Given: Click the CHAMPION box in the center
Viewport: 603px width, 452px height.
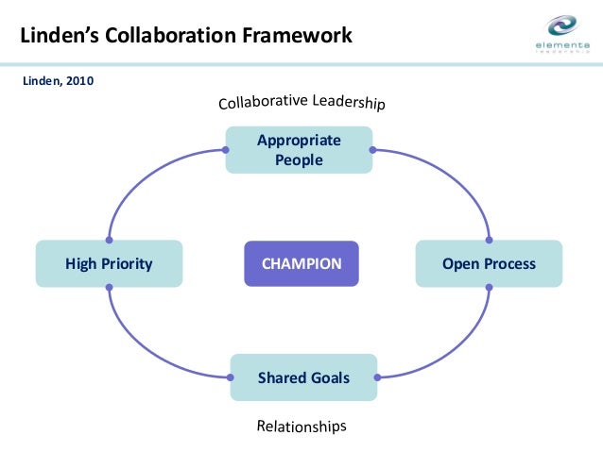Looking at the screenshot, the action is [x=301, y=263].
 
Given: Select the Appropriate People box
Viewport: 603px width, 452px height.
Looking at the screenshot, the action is [x=299, y=150].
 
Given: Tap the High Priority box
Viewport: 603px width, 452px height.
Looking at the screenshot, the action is [x=109, y=263].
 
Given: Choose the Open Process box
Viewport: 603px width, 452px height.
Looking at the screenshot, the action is [x=489, y=263].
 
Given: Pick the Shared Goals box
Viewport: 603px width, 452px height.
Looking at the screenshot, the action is [x=303, y=377].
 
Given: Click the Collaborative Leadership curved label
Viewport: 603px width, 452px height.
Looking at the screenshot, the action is [x=301, y=102].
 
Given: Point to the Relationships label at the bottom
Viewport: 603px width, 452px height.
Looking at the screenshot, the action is [x=301, y=427].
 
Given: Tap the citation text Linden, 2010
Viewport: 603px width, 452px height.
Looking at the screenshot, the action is [x=58, y=80].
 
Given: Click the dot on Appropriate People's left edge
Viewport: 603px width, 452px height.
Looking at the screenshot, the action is [x=226, y=150].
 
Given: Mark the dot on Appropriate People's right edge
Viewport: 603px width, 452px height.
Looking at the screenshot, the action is [x=372, y=150].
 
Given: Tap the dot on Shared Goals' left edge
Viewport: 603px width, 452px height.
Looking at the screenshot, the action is [x=231, y=377].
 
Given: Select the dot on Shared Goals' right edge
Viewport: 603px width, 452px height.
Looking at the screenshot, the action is [x=377, y=377].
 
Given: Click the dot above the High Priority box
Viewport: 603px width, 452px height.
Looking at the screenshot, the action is [x=110, y=240].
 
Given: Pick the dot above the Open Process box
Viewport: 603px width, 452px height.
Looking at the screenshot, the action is [x=489, y=240].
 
